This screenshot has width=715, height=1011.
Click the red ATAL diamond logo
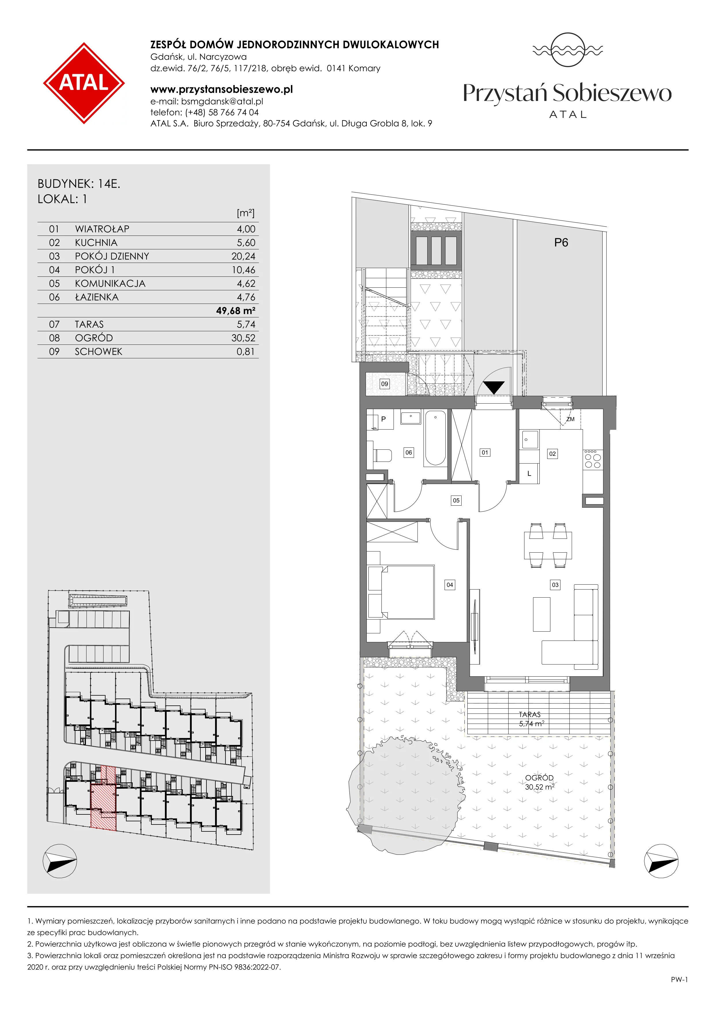pos(84,83)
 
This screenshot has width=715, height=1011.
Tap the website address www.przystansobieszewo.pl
pos(221,89)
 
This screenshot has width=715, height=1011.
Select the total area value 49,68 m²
pos(236,310)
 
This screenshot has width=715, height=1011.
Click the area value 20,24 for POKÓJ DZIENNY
pos(243,256)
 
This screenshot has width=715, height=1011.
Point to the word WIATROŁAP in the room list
pos(102,229)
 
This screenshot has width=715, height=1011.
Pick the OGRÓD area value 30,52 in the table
pos(243,338)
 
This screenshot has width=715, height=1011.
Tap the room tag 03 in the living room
pos(555,585)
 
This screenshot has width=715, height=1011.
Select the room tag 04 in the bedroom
pos(449,585)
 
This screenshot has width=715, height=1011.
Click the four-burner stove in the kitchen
pos(592,459)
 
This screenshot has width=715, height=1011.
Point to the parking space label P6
pos(561,243)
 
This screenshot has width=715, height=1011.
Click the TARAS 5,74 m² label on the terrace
pos(531,719)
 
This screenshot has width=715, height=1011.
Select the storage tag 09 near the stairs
pos(384,384)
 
